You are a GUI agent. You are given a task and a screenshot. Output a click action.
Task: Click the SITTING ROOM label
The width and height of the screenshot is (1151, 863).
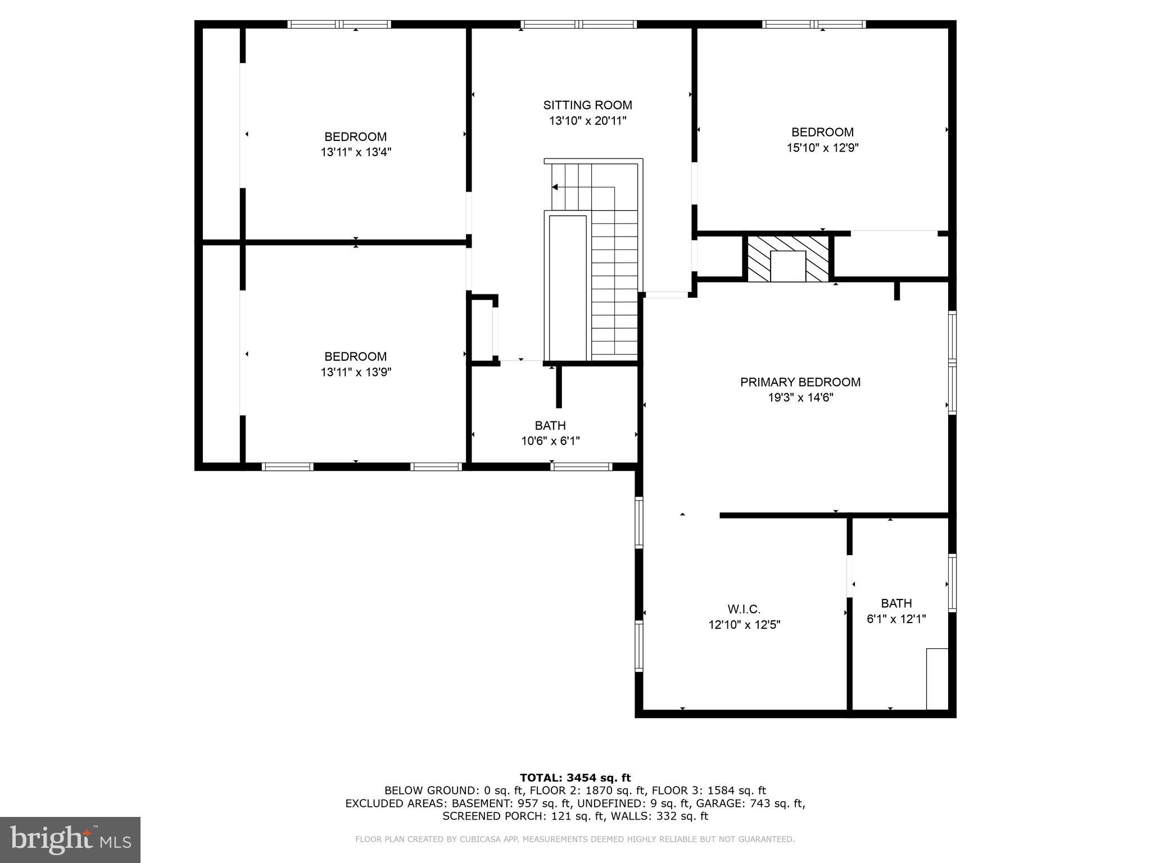coord(587,105)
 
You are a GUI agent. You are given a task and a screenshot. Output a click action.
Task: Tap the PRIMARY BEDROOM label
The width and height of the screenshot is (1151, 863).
coord(800,382)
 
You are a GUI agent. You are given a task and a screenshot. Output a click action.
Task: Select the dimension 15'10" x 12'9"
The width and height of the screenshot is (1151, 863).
coord(822,148)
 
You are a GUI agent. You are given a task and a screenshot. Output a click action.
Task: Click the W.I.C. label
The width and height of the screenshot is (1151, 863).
coord(744,609)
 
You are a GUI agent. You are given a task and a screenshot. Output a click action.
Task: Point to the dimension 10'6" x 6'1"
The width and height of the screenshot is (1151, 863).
coord(550,441)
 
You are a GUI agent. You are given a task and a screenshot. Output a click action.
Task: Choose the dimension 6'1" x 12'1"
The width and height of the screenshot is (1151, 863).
coord(896,619)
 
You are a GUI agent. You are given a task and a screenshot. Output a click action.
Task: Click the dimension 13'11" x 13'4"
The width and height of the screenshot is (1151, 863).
coord(355,152)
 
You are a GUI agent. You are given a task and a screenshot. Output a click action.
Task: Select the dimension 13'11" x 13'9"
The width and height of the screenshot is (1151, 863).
coord(355,372)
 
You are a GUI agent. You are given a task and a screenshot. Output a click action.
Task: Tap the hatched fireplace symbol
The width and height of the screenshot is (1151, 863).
coord(788,259)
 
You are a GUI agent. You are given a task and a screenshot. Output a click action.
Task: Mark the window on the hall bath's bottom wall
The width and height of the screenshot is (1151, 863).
coord(581,466)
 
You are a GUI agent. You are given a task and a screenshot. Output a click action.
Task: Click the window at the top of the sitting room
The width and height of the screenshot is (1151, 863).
coord(578,24)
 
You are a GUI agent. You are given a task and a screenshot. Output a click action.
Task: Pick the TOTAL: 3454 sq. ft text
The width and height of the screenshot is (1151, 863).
coord(575,778)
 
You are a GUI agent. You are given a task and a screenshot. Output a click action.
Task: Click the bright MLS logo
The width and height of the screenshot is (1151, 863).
coord(70,840)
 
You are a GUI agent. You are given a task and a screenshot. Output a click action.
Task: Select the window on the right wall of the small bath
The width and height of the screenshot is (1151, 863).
coord(952,583)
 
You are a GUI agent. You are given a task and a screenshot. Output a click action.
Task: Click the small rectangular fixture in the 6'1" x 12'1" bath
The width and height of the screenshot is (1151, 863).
coord(937,679)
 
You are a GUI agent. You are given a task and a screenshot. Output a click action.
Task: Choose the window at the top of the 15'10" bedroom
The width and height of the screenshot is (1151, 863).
coord(813,24)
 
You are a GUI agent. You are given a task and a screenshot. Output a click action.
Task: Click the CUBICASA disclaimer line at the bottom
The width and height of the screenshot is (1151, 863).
coord(575,839)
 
